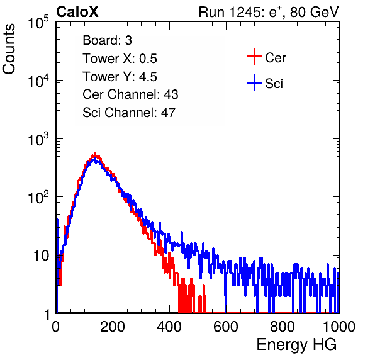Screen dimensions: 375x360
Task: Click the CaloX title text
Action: (x=77, y=12)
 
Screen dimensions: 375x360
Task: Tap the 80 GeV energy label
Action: (x=315, y=12)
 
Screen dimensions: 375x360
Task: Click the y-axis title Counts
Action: (x=9, y=48)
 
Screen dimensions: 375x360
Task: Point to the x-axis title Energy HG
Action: (x=296, y=344)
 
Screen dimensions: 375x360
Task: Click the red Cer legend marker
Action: (x=254, y=57)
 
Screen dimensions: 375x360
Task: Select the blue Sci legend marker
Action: (x=254, y=82)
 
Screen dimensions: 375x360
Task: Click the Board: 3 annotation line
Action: (x=107, y=40)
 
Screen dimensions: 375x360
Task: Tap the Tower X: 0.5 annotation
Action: (x=120, y=59)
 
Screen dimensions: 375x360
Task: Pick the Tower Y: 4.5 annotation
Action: (x=120, y=77)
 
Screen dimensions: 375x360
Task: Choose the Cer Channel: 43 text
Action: (x=130, y=94)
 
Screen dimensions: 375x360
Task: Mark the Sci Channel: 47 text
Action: (x=129, y=113)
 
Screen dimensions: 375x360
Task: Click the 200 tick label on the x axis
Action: (x=113, y=327)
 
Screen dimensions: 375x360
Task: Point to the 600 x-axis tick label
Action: (x=226, y=327)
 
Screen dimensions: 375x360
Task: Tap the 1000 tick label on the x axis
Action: (x=339, y=327)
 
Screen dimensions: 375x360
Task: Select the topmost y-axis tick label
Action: (x=38, y=23)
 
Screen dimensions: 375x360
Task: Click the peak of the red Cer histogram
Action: (x=95, y=154)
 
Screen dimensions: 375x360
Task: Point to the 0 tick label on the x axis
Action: (x=56, y=327)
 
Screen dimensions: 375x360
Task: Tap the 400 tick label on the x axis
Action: (x=169, y=327)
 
